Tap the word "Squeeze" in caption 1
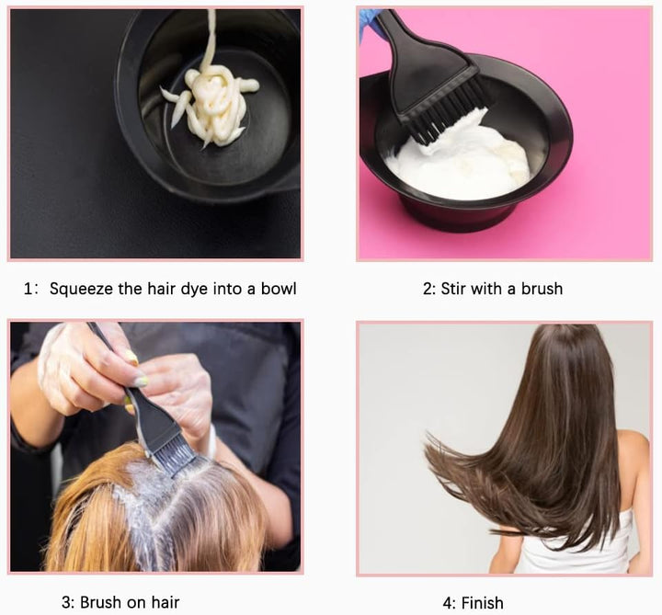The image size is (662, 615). point(81,289)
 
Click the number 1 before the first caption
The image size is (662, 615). point(29,289)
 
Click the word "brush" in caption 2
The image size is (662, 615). point(542,289)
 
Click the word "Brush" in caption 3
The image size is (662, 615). point(101,603)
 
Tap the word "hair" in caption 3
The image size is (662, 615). point(164,603)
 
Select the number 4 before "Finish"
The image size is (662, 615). point(448,603)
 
